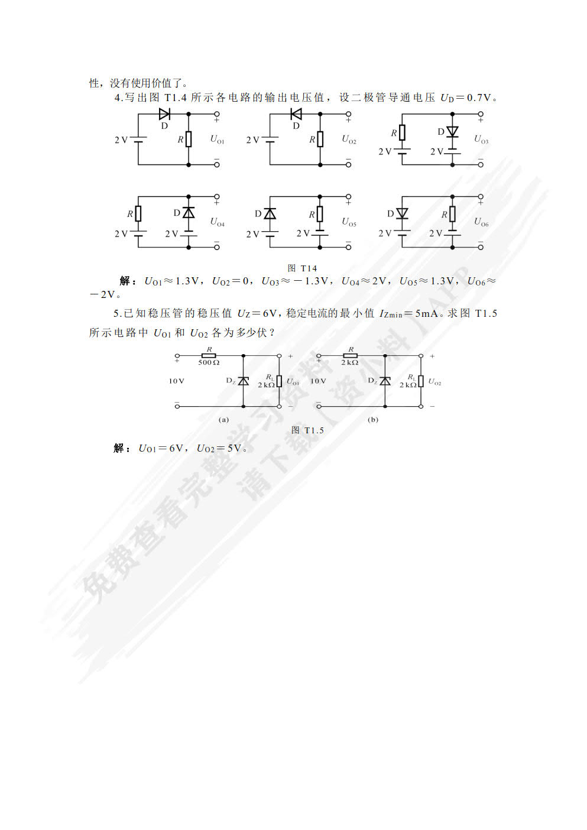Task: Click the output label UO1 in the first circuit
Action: click(x=217, y=139)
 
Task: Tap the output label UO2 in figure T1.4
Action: click(x=349, y=139)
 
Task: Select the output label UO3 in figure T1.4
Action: click(x=481, y=139)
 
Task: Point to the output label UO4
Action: click(x=217, y=222)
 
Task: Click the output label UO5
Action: click(x=349, y=222)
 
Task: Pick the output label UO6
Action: click(x=481, y=222)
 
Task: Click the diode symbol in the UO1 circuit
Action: click(x=164, y=114)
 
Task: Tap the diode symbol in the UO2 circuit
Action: click(x=296, y=114)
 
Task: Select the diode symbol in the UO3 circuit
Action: click(x=452, y=132)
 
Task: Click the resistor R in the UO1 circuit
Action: click(x=189, y=139)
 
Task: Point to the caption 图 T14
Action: click(x=302, y=268)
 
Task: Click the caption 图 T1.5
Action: click(x=307, y=430)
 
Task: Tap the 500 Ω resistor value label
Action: click(x=209, y=362)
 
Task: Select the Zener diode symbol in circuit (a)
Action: click(x=243, y=381)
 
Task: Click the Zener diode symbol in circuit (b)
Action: click(x=385, y=381)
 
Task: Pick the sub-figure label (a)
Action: click(x=223, y=420)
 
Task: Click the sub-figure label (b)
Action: click(x=373, y=420)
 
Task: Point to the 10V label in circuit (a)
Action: click(x=176, y=381)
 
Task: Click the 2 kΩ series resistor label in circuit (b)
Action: click(x=349, y=362)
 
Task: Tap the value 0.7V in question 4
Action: click(x=479, y=98)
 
